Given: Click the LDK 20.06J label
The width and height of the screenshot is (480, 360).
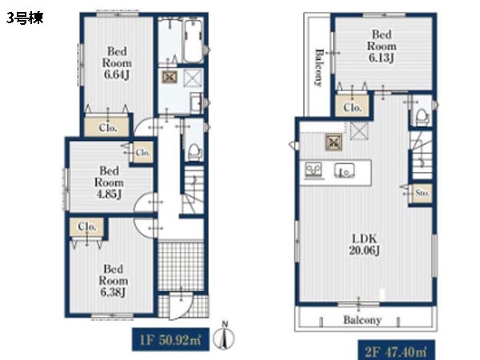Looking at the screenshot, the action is pyautogui.click(x=364, y=244).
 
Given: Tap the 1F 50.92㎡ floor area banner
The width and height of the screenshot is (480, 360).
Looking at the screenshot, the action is pyautogui.click(x=170, y=339).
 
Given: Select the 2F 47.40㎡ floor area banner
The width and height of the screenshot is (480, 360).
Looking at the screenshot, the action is pyautogui.click(x=397, y=350).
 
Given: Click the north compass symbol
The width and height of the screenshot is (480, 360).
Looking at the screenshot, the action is pyautogui.click(x=224, y=336).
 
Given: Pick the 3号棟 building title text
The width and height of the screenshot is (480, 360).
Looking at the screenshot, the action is pyautogui.click(x=25, y=18).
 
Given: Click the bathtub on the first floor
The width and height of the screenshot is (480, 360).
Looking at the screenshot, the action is pyautogui.click(x=194, y=40).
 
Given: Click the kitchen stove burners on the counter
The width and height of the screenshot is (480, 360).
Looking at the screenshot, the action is pyautogui.click(x=314, y=170).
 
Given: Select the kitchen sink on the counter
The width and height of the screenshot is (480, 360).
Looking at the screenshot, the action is pyautogui.click(x=345, y=170).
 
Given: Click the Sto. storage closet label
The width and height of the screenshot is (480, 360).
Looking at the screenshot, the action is pyautogui.click(x=422, y=193).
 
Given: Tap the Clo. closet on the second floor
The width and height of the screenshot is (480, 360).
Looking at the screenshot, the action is pyautogui.click(x=352, y=106).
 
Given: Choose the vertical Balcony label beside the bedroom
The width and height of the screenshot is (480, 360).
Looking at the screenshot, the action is pyautogui.click(x=318, y=67).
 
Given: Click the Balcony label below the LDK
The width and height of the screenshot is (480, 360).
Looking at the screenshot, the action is pyautogui.click(x=362, y=320).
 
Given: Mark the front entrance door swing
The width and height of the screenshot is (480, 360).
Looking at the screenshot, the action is pyautogui.click(x=181, y=306).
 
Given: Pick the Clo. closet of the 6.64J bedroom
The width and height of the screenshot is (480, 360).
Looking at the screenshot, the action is pyautogui.click(x=107, y=126).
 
